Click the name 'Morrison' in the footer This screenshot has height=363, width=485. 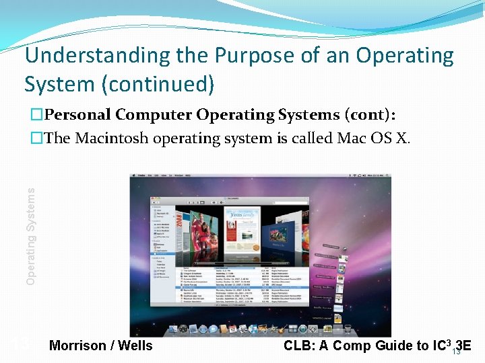pos(78,346)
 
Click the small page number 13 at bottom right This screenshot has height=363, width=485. pos(456,352)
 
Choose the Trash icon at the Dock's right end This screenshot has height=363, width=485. pos(348,329)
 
